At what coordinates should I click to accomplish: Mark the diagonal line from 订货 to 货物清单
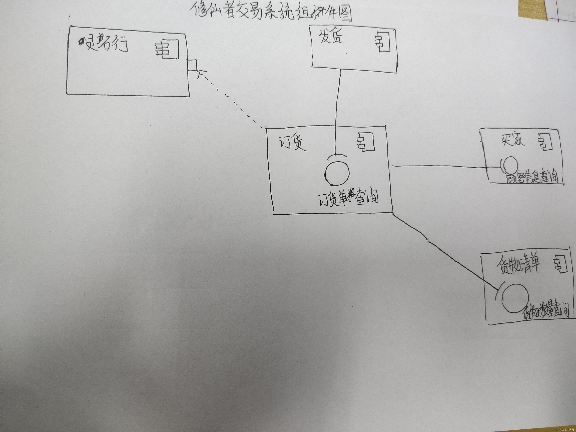pyautogui.click(x=443, y=251)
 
